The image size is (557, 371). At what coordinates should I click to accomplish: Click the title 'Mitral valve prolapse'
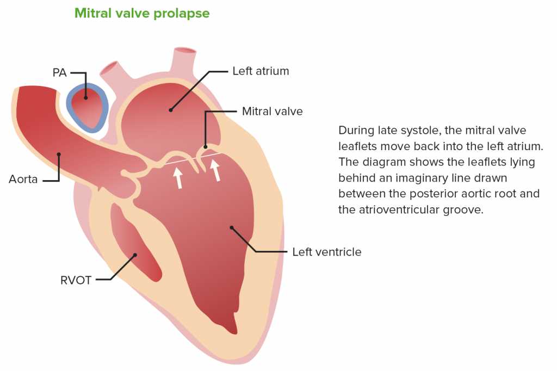coord(142,14)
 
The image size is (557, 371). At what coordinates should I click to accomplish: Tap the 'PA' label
coord(59,72)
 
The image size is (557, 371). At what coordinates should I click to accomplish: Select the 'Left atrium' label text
coord(261,71)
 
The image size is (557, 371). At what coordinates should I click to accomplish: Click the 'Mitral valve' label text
coord(273,111)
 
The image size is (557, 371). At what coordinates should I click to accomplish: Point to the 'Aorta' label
coord(23,179)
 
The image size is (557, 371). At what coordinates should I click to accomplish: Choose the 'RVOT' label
coord(76,280)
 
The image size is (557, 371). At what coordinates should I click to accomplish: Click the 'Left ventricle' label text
coord(327,252)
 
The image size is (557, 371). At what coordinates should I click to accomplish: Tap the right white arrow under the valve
coord(215,170)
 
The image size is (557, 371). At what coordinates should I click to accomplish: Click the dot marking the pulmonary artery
coord(85,98)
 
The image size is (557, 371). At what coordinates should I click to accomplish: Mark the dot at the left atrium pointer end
coord(170,110)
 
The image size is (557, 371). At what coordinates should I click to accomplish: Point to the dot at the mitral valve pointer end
coord(205,147)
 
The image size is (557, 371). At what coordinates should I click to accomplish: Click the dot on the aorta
coord(59,154)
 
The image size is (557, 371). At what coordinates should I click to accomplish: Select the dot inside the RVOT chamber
coord(135,255)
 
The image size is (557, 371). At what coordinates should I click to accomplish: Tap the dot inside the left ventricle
coord(232,227)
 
